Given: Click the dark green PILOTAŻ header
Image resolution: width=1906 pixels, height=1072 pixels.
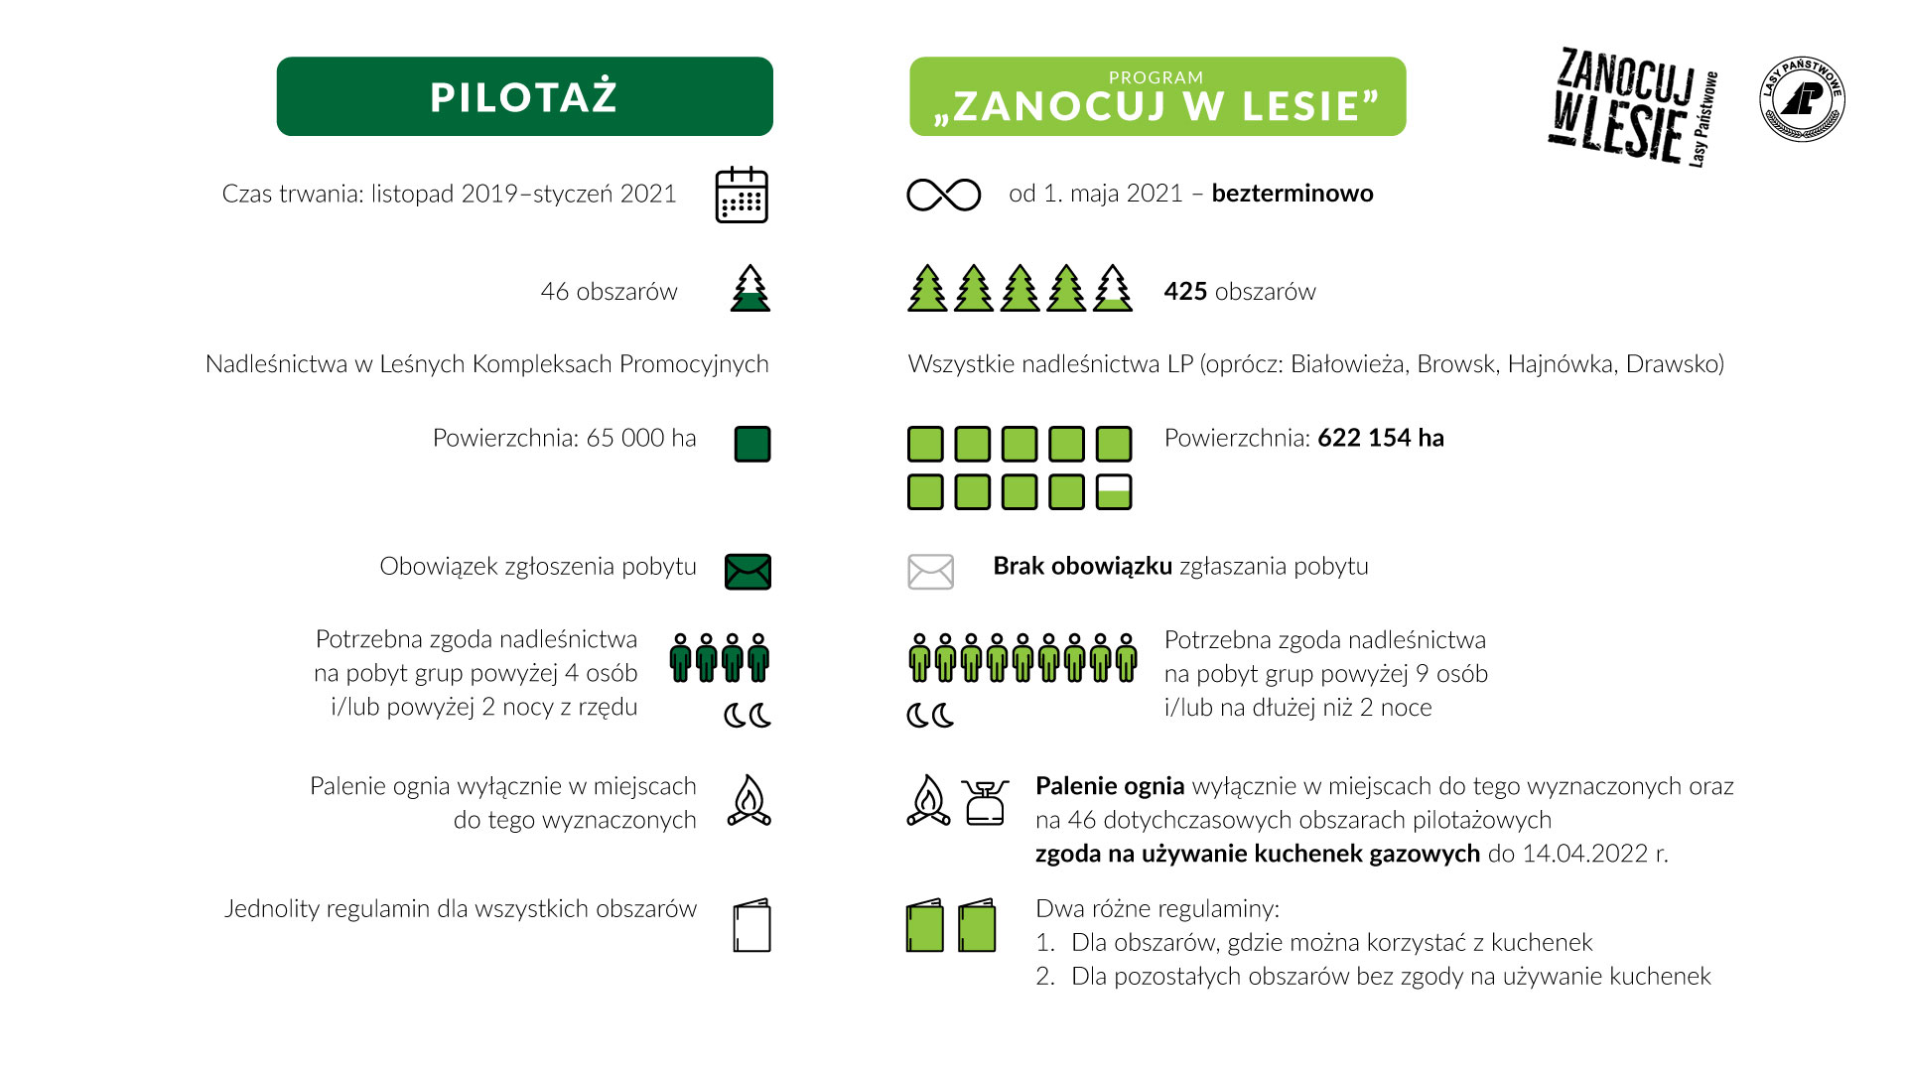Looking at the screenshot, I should click(x=524, y=96).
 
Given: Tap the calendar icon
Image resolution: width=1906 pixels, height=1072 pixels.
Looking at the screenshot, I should click(x=742, y=195).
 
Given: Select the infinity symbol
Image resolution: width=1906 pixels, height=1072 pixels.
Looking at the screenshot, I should click(x=943, y=195).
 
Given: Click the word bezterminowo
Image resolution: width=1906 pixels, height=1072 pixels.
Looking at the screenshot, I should click(x=1292, y=194).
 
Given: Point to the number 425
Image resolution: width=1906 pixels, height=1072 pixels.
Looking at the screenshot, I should click(x=1185, y=292).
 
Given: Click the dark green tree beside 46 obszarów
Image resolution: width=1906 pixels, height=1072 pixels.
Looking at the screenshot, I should click(x=750, y=289).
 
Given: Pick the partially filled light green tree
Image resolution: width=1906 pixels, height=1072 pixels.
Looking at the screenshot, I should click(x=1113, y=289).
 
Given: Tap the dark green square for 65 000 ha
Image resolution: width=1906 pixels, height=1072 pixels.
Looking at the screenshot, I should click(x=752, y=444).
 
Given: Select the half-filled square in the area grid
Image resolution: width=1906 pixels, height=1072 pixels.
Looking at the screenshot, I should click(x=1114, y=491).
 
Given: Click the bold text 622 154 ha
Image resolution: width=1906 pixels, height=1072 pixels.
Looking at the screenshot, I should click(x=1380, y=438).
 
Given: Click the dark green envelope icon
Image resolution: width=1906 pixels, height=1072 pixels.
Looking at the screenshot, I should click(x=748, y=571).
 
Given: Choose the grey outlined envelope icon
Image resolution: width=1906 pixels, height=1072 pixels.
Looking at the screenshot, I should click(x=930, y=572).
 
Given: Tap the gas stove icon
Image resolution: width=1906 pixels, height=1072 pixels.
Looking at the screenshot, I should click(x=985, y=802).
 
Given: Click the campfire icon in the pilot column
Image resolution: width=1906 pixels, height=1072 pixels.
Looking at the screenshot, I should click(x=749, y=801).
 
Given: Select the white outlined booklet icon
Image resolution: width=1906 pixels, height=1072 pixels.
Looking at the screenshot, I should click(x=752, y=925).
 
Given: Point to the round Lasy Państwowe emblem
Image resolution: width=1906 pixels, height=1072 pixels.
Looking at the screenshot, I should click(x=1802, y=99).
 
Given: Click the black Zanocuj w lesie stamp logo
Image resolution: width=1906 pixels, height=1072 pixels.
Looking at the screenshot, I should click(x=1633, y=105).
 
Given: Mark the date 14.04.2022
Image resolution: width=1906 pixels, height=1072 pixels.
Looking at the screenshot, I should click(x=1584, y=854).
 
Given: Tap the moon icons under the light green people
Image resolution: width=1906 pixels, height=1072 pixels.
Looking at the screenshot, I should click(x=930, y=715).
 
